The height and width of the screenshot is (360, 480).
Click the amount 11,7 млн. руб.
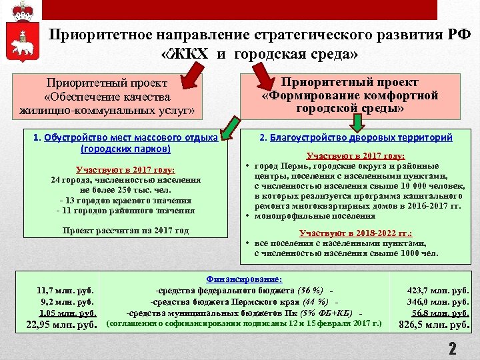[x=65, y=290]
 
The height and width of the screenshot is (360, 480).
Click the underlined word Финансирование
[x=245, y=279]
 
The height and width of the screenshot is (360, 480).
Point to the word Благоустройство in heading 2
[x=303, y=137]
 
